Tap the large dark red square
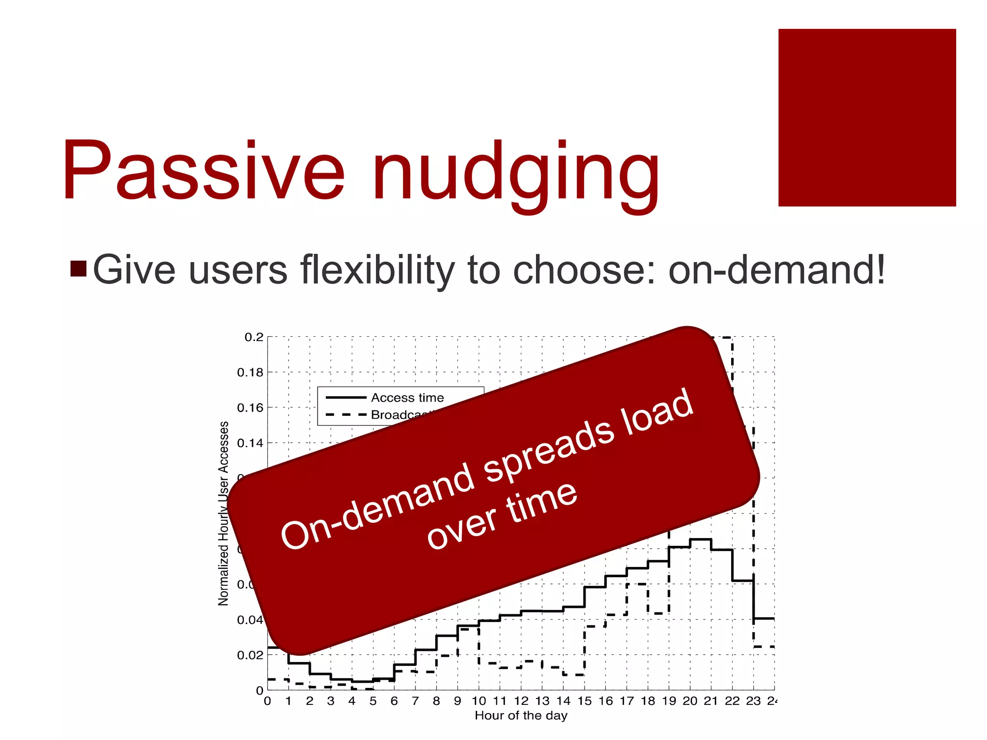point(867,118)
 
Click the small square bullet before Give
point(78,269)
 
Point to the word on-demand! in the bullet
point(776,270)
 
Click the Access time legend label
point(407,398)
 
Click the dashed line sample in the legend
point(346,415)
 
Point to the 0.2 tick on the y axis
point(254,337)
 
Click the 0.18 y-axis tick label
point(250,372)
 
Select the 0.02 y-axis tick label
point(250,655)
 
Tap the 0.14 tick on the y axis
point(250,443)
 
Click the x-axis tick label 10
point(479,701)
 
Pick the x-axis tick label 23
point(753,701)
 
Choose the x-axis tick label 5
point(373,701)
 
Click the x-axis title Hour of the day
point(520,716)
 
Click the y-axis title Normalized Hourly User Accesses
point(224,514)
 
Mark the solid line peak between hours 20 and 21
point(700,540)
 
